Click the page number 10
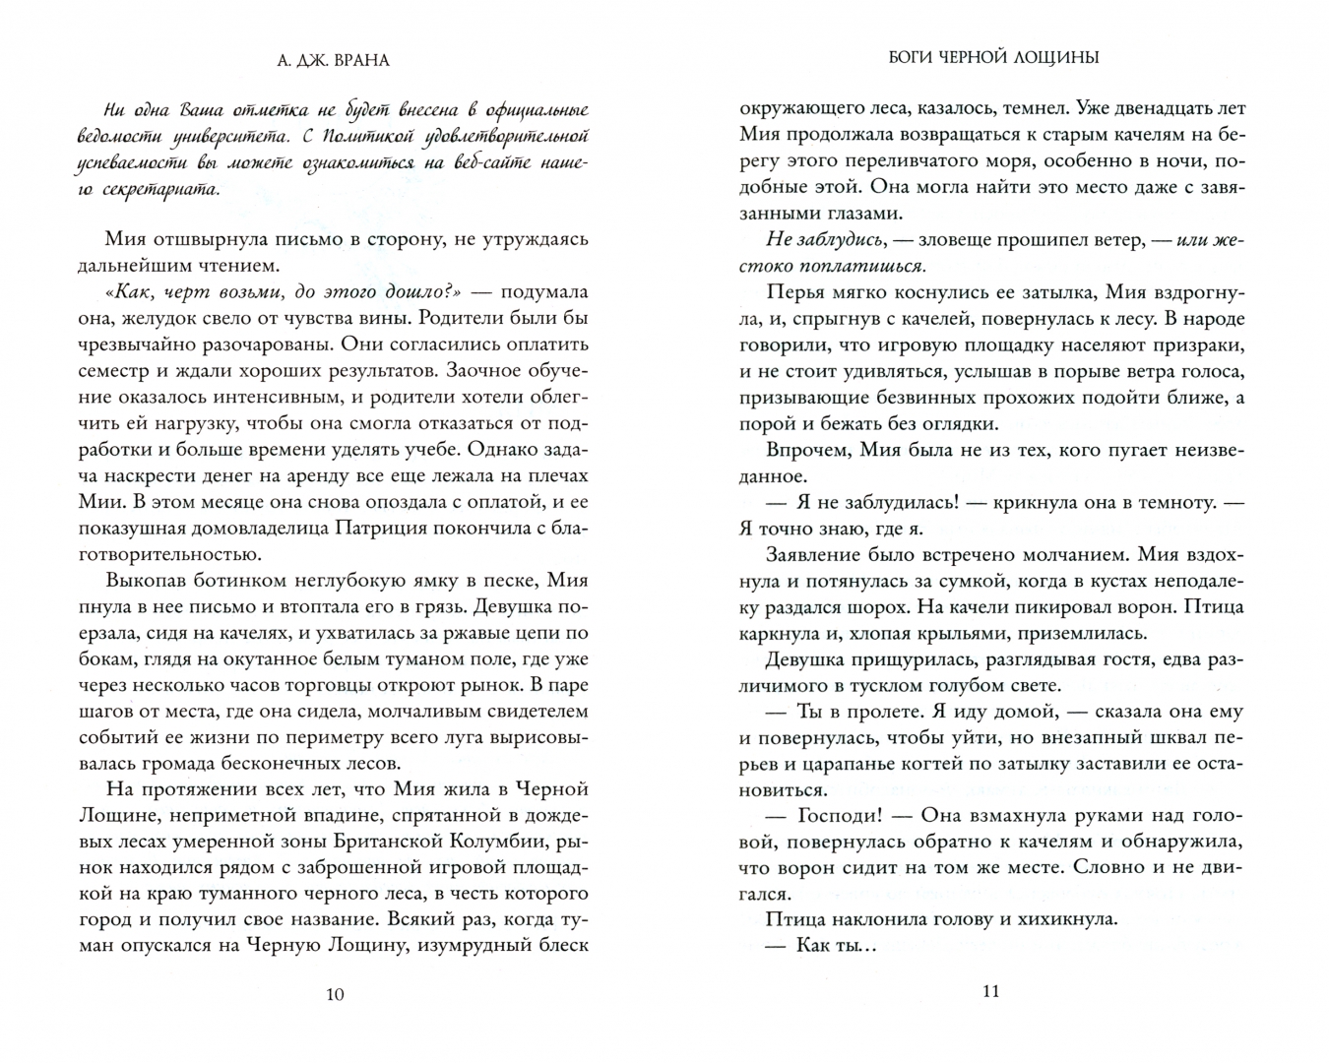point(335,993)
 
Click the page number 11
point(990,990)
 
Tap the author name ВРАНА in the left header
point(360,60)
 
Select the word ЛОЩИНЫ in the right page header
point(1054,57)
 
